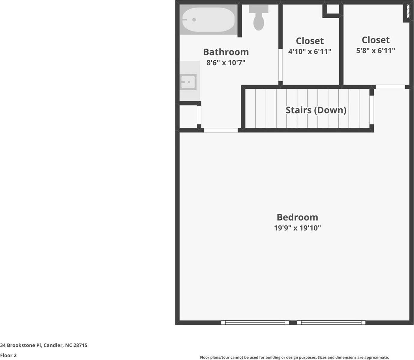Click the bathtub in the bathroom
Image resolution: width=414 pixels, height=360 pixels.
208,19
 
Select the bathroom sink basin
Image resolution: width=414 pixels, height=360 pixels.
189,82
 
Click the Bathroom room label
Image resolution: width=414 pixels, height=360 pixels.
226,52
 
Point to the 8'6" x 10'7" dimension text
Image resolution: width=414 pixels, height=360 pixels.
226,63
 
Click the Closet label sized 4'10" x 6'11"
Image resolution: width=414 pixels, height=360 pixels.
310,41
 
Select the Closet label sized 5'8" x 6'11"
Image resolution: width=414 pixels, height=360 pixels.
376,40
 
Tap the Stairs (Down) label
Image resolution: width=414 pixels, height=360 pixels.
316,110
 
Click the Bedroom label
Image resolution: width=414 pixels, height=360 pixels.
297,217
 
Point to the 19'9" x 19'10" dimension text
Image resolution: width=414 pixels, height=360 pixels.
297,228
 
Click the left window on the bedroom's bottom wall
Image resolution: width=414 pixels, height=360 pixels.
255,322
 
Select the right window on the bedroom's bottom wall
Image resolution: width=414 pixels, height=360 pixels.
331,322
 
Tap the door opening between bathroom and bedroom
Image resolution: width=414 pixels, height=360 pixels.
221,130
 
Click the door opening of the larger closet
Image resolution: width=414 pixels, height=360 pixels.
390,87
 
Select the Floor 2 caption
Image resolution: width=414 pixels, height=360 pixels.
8,355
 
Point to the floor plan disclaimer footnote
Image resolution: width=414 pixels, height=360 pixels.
294,357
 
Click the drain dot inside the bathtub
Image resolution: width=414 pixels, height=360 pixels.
194,20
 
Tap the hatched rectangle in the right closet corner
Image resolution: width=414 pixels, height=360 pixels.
408,12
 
